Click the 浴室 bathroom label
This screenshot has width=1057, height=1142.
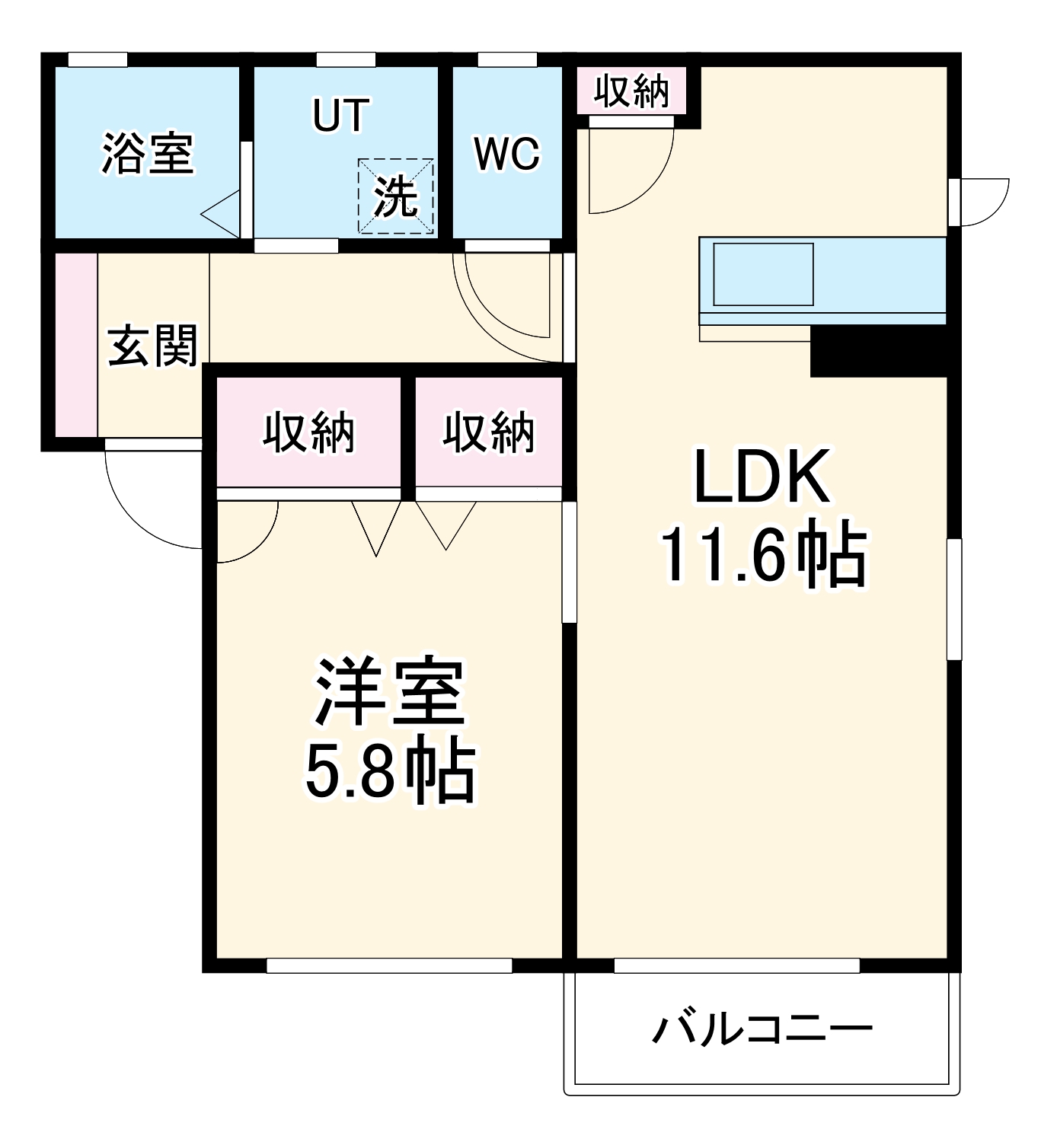click(x=148, y=153)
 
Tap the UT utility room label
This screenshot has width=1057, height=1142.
click(x=340, y=115)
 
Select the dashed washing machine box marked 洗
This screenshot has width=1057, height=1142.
click(x=396, y=196)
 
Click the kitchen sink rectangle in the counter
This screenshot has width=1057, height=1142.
click(x=763, y=274)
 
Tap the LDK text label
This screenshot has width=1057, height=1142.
click(x=762, y=478)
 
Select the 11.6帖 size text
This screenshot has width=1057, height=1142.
click(x=763, y=554)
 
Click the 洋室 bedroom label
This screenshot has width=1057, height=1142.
click(x=389, y=691)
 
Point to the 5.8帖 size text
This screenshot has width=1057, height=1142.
click(x=389, y=770)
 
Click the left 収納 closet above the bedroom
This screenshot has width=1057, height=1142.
click(x=308, y=432)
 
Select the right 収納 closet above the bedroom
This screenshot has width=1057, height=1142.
click(x=489, y=432)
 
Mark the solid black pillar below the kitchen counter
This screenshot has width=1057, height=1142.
click(x=878, y=351)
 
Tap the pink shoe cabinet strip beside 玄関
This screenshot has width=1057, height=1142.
click(x=76, y=345)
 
